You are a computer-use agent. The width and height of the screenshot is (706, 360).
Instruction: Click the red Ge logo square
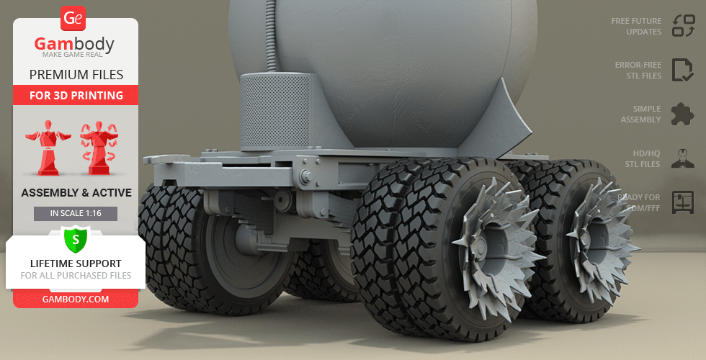tap(73, 19)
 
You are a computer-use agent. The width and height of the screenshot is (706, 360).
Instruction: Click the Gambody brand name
tap(74, 44)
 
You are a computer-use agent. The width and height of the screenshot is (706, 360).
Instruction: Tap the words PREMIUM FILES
tap(76, 75)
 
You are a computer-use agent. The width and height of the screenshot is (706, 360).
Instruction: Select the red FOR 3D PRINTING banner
tap(76, 95)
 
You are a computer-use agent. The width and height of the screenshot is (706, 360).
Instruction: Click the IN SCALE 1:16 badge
tap(76, 213)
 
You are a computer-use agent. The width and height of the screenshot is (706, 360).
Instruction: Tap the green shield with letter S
tap(76, 240)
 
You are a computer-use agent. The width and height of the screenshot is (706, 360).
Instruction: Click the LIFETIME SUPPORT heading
tap(76, 264)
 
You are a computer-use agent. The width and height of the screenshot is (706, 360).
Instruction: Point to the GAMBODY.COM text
tap(76, 300)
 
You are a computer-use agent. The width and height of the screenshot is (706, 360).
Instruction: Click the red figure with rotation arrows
tap(99, 148)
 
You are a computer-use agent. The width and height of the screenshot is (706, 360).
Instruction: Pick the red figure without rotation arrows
tap(48, 148)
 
